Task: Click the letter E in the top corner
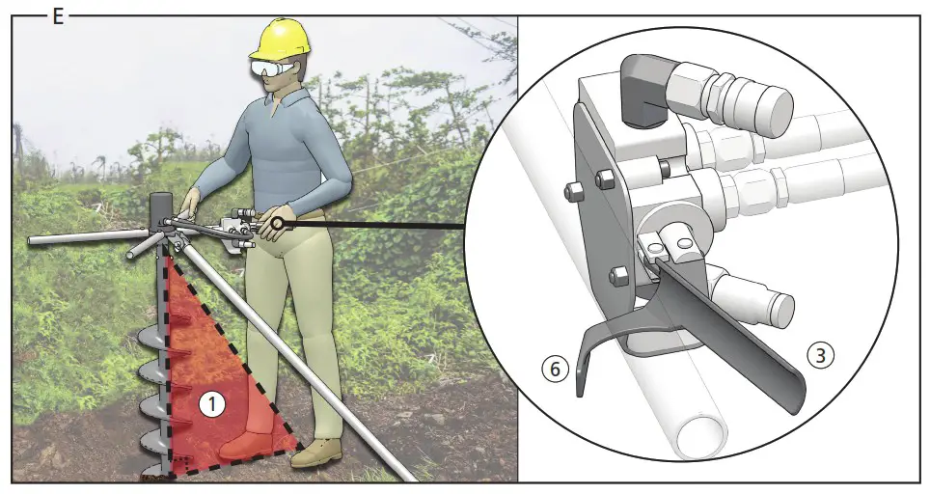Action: coord(58,16)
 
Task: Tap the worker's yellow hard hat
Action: coord(279,41)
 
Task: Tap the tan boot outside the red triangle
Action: coord(317,453)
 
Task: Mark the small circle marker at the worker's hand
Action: coord(277,224)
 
